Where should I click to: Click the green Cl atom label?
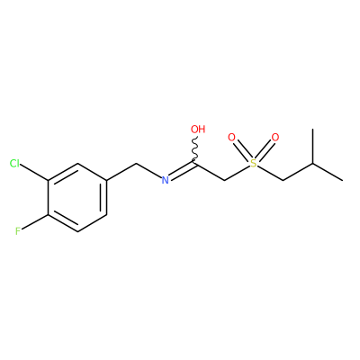point(14,164)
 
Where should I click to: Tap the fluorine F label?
point(18,231)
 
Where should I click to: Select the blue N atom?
point(165,180)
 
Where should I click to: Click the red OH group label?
point(198,130)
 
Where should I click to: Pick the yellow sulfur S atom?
point(254,164)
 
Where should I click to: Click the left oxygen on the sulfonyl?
point(231,138)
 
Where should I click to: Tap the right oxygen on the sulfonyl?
point(275,138)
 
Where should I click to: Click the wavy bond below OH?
point(194,150)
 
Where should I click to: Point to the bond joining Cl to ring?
point(34,172)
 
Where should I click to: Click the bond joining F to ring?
point(35,222)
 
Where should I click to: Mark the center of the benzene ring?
point(77,197)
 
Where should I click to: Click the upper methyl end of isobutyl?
point(313,130)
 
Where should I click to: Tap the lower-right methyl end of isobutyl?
point(342,180)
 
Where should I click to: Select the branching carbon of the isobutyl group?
point(313,164)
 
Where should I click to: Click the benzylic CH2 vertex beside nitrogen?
point(137,164)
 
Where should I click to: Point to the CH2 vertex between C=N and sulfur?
point(225,180)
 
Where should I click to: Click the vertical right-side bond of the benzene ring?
point(107,197)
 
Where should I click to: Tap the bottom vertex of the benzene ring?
point(77,231)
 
